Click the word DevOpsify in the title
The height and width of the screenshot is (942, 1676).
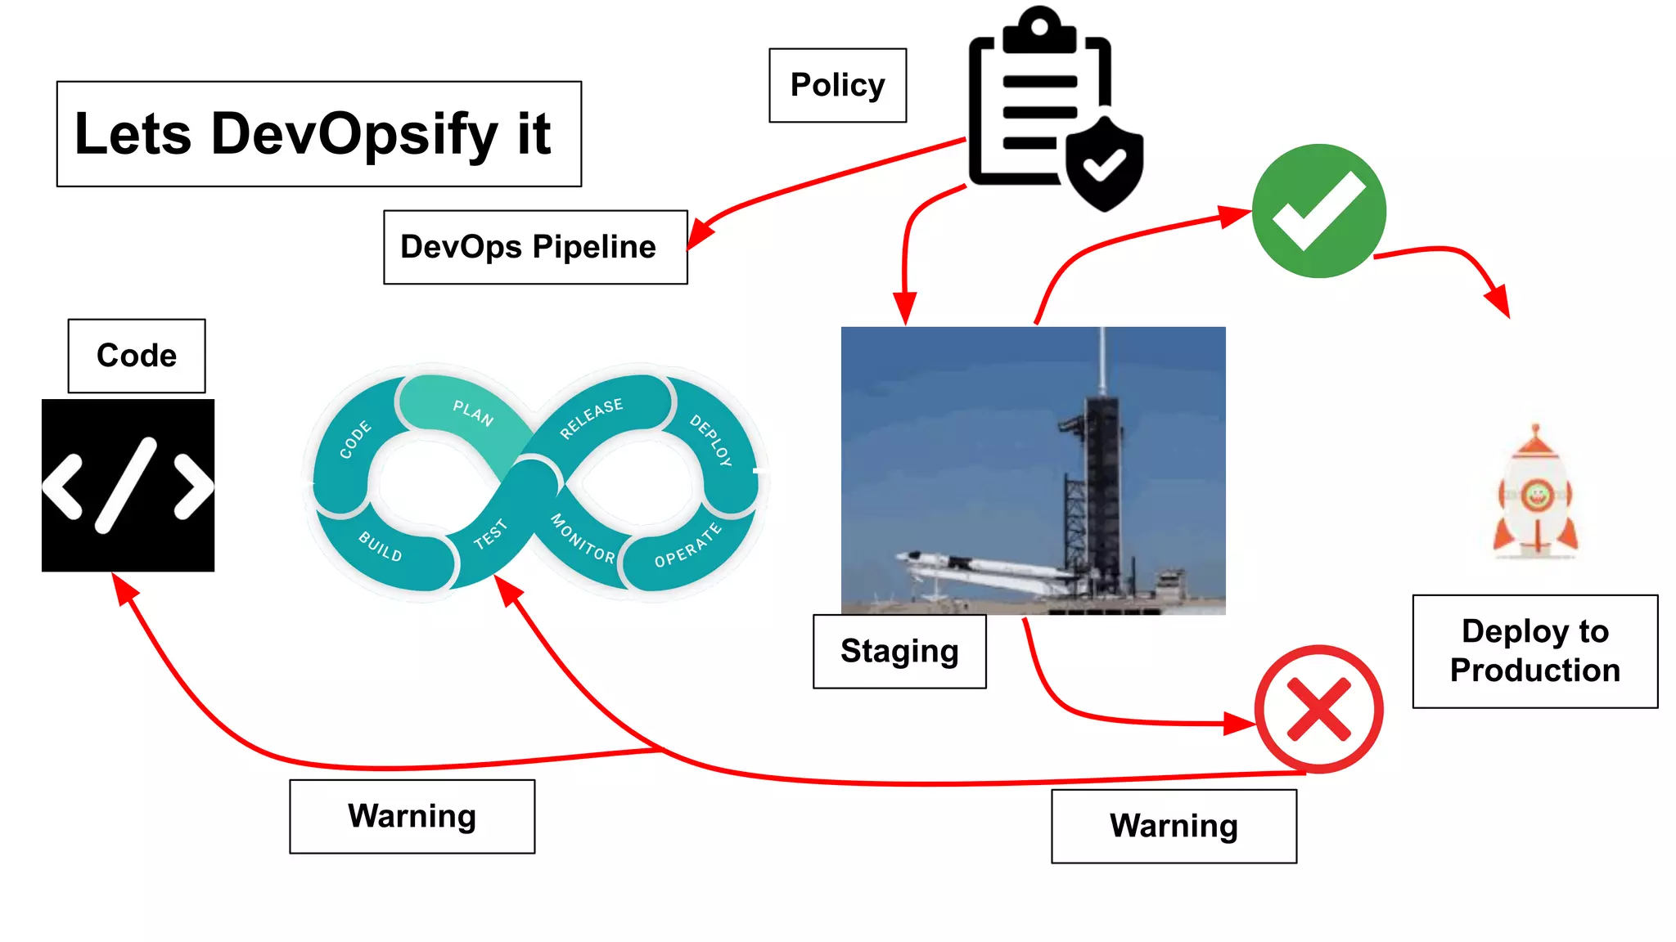[354, 134]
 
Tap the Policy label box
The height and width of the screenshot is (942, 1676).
[837, 85]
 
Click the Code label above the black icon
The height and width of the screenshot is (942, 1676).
[137, 356]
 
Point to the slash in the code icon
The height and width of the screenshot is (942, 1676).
[126, 486]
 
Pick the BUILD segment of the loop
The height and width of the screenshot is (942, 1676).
[381, 546]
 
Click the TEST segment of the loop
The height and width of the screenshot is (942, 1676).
[491, 535]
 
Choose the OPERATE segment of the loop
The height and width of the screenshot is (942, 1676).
[687, 546]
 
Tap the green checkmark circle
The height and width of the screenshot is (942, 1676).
[1319, 211]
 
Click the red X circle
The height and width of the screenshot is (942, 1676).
[1319, 709]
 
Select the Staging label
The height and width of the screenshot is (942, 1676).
[899, 652]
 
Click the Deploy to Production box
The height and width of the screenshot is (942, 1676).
[1534, 651]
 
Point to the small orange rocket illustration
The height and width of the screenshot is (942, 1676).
[1536, 495]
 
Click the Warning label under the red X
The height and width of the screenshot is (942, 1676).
[1174, 826]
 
